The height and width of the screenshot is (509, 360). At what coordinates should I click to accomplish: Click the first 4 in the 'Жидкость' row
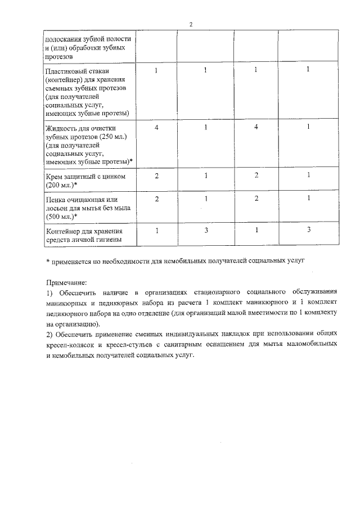[x=157, y=128]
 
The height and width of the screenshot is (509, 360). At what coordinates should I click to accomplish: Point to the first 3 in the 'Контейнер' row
[x=206, y=231]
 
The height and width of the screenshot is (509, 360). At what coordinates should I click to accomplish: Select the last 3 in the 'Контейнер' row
[x=308, y=231]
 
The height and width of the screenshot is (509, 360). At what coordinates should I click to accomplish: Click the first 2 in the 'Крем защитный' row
[x=157, y=176]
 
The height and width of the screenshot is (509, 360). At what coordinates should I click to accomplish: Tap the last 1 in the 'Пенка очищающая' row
[x=308, y=199]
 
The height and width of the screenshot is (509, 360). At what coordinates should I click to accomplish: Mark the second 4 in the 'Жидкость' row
[x=256, y=128]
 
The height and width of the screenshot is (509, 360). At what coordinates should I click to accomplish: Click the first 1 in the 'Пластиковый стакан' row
[x=157, y=70]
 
